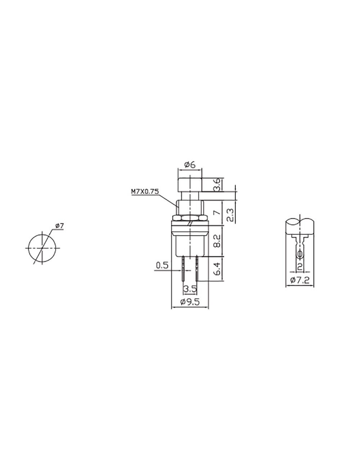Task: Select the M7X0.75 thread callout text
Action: (145, 192)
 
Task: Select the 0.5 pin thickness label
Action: (162, 266)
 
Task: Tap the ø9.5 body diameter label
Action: (190, 302)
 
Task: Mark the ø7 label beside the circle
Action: (59, 226)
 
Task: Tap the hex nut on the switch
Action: (190, 218)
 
